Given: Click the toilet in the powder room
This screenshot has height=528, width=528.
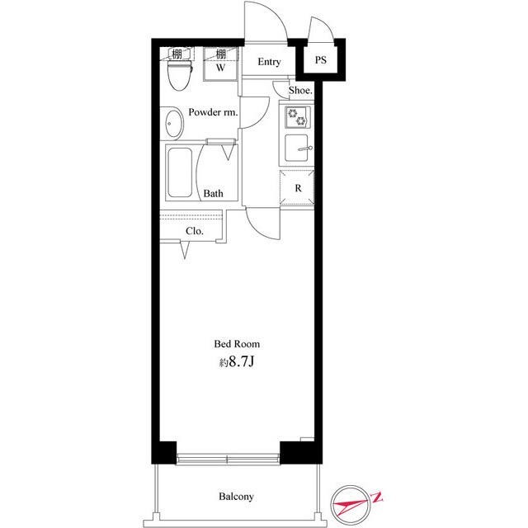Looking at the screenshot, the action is tap(180, 75).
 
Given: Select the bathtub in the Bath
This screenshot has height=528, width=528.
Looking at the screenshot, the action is tap(180, 172).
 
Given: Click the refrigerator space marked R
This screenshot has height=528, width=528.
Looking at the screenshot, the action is tap(297, 187).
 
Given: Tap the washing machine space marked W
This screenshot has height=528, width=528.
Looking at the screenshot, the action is tap(220, 64).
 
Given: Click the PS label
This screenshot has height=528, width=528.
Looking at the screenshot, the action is tap(321, 60).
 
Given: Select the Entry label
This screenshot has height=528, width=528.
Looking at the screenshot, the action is tap(269, 62).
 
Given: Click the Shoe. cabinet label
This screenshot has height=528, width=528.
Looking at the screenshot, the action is tap(300, 90).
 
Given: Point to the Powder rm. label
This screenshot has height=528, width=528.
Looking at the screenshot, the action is tap(213, 112).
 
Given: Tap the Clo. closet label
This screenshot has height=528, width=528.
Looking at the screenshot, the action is tap(195, 231).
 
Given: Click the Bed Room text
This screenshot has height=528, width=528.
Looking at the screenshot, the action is tap(237, 344).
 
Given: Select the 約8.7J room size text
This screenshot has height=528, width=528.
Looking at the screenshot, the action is tap(237, 362).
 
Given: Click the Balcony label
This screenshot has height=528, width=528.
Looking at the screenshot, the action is tap(236, 497).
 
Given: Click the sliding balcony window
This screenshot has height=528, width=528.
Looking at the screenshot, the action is tap(228, 459).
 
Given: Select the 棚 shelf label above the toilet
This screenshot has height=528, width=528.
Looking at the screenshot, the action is tap(177, 54).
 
